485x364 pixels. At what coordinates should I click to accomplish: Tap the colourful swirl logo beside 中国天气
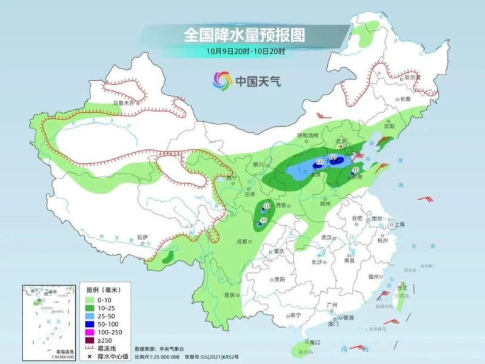pyautogui.click(x=222, y=79)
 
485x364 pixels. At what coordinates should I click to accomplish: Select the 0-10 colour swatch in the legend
pyautogui.click(x=89, y=300)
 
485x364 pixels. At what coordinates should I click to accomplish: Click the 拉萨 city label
pyautogui.click(x=142, y=237)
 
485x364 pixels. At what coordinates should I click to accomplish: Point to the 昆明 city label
pyautogui.click(x=229, y=295)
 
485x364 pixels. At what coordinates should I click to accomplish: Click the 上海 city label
pyautogui.click(x=400, y=224)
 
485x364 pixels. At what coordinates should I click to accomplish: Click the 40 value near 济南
pyautogui.click(x=356, y=170)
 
